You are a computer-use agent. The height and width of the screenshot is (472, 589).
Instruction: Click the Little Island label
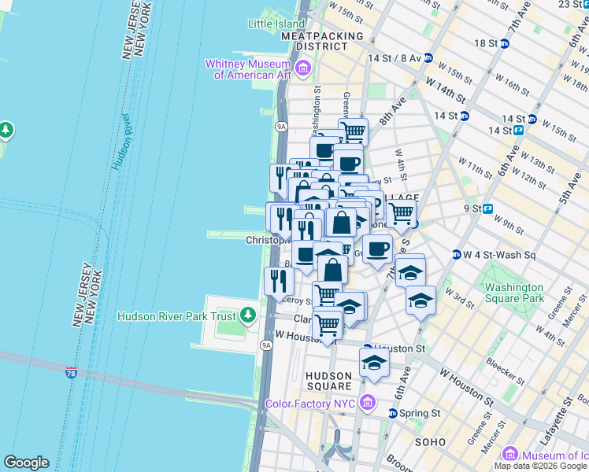[x=276, y=24]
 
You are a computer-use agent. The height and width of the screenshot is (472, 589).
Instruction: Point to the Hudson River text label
[x=120, y=142]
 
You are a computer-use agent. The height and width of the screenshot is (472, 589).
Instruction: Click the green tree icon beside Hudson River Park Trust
[x=249, y=315]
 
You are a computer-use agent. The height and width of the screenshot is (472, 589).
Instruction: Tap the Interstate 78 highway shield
[x=72, y=371]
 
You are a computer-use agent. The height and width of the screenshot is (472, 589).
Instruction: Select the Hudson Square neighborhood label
[x=328, y=381]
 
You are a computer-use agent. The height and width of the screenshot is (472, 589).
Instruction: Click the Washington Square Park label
[x=514, y=293]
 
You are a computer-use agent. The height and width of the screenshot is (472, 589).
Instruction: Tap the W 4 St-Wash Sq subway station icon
[x=456, y=255]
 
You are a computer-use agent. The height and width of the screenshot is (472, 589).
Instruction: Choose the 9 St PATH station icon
[x=488, y=209]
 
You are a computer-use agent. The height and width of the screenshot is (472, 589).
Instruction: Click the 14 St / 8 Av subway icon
[x=428, y=58]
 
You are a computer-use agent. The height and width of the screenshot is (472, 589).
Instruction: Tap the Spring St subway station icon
[x=392, y=413]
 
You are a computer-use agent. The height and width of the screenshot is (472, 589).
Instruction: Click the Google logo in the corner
[x=26, y=463]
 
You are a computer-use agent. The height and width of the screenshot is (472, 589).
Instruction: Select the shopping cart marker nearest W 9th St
[x=401, y=212]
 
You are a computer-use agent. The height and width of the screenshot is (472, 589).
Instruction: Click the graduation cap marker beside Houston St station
[x=374, y=363]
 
